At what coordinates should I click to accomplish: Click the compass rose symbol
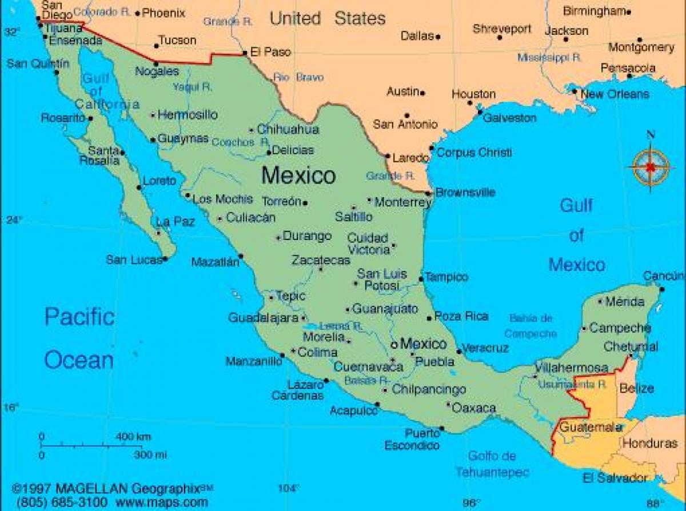(x=651, y=166)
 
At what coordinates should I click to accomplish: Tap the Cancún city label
(x=663, y=277)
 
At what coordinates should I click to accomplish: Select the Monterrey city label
(x=403, y=202)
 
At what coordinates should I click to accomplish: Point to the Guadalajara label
(x=264, y=317)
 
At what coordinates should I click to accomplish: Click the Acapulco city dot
(x=377, y=405)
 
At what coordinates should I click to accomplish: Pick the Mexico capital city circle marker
(x=394, y=345)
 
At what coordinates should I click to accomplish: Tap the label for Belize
(x=637, y=389)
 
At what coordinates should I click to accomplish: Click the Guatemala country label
(x=591, y=427)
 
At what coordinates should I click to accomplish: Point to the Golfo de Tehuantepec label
(x=492, y=464)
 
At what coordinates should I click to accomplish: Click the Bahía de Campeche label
(x=530, y=326)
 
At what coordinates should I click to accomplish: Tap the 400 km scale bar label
(x=133, y=437)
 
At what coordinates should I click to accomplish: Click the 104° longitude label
(x=288, y=489)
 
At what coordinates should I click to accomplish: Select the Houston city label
(x=474, y=94)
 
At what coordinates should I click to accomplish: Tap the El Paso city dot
(x=245, y=53)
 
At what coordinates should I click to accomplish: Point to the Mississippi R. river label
(x=549, y=57)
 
